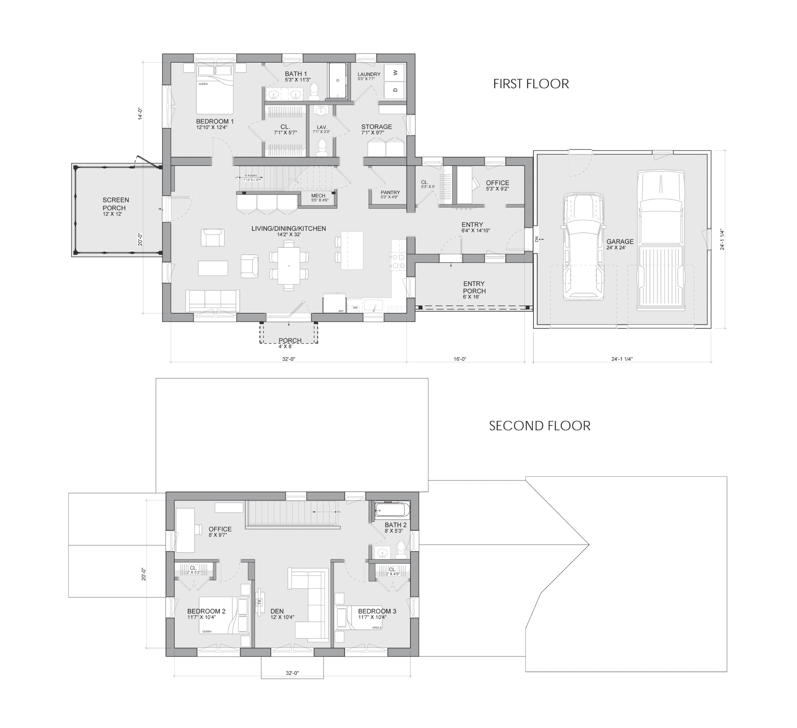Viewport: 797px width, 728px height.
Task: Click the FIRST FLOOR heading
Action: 531,84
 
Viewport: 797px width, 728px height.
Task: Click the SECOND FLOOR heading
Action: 539,426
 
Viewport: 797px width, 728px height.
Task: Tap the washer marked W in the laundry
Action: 395,72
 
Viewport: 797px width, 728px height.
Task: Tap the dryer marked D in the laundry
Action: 395,90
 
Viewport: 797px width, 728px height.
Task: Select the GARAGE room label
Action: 620,242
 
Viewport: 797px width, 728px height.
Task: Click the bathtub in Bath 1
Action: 338,81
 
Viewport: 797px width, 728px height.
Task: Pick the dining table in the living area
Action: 289,266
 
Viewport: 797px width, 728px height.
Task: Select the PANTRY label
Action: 390,193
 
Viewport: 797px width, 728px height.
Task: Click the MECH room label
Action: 318,196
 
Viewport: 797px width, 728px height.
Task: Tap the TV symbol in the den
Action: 259,603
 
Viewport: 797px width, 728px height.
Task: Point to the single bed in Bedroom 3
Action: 359,618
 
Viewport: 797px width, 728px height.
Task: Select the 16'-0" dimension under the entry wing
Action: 460,359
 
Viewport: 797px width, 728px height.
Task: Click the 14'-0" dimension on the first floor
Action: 140,114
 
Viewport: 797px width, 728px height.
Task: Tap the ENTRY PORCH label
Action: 474,288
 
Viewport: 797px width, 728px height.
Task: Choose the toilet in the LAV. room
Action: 322,147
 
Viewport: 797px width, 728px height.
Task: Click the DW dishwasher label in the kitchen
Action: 355,308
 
